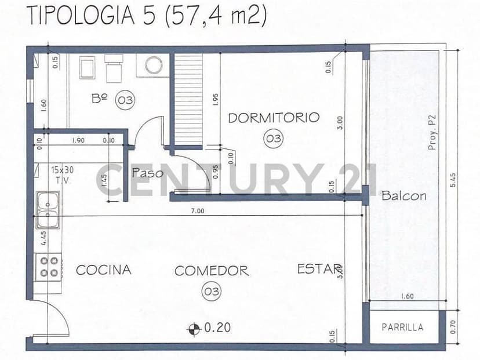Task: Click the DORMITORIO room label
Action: point(274,118)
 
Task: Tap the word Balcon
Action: point(404,196)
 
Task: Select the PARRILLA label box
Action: point(402,327)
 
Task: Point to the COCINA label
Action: point(104,270)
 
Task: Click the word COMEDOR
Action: point(212,271)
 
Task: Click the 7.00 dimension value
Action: point(197,211)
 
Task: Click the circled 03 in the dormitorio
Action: point(273,138)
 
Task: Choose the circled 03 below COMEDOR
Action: point(212,291)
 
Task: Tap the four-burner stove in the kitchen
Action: point(49,267)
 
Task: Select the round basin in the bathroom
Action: point(154,66)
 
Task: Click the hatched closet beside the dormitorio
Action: point(188,99)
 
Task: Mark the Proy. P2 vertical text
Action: point(432,132)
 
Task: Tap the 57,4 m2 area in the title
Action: point(216,16)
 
